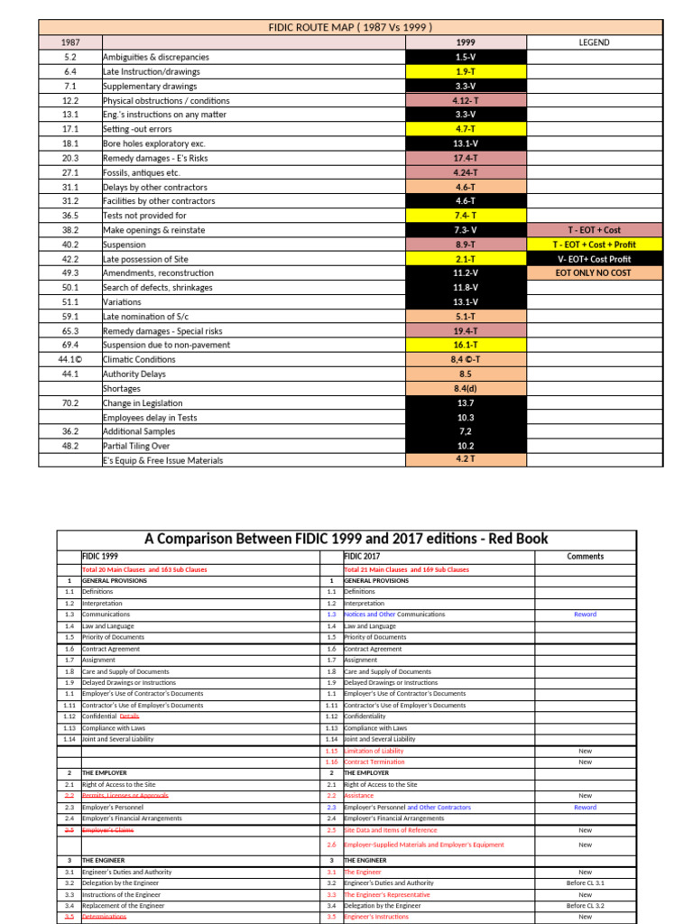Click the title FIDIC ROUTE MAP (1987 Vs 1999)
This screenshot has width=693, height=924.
click(349, 27)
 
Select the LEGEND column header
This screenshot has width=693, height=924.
click(593, 42)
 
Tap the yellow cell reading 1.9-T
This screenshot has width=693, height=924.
click(466, 71)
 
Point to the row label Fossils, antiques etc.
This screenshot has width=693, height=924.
click(142, 172)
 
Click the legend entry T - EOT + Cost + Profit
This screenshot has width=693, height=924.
click(594, 245)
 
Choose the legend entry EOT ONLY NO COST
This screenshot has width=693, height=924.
click(594, 273)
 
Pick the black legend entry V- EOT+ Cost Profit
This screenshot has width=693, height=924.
click(594, 259)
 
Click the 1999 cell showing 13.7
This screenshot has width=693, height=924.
click(466, 402)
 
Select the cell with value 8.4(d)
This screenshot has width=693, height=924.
click(466, 388)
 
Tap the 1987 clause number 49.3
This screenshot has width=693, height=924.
click(70, 273)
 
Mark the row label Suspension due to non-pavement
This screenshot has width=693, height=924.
click(158, 345)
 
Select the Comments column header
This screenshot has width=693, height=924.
click(586, 557)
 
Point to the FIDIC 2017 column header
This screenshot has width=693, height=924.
click(363, 557)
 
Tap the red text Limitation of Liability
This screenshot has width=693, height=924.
click(374, 751)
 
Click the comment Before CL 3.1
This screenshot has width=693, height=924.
click(586, 882)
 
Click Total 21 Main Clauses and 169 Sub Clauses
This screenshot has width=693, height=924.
click(406, 569)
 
